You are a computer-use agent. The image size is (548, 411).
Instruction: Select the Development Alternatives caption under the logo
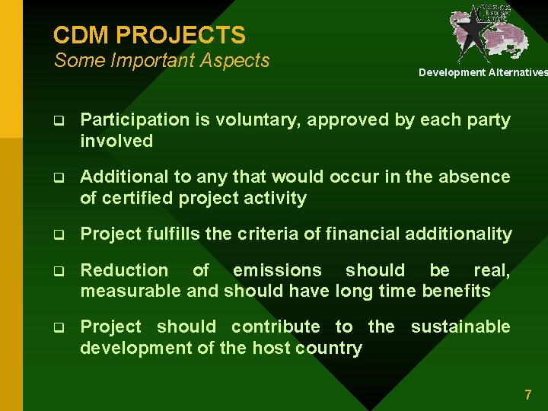click(483, 72)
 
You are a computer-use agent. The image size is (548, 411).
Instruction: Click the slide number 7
click(527, 394)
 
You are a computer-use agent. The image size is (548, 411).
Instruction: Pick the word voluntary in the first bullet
click(252, 120)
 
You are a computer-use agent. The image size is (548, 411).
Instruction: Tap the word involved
click(116, 141)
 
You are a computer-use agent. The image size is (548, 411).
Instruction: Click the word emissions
click(277, 270)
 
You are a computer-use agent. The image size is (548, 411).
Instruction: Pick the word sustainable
click(460, 327)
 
